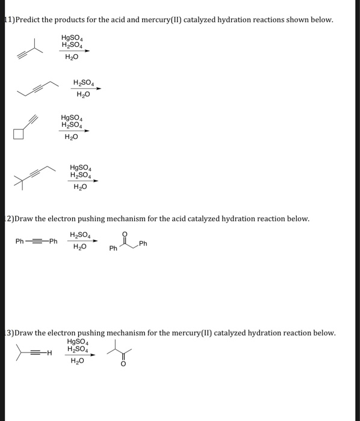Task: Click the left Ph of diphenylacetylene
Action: click(x=20, y=242)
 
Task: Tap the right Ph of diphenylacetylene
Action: click(x=53, y=242)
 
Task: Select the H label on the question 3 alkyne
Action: click(x=49, y=353)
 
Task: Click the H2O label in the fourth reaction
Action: click(x=80, y=186)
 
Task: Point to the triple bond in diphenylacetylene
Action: click(x=37, y=242)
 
